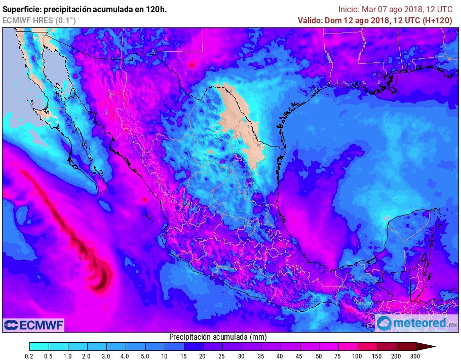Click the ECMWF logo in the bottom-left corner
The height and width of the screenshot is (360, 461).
coord(33,325)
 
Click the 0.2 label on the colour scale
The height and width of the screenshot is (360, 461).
coord(29,356)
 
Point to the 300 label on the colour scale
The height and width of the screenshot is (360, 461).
coord(415,356)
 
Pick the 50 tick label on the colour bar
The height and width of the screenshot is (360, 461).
coord(319,356)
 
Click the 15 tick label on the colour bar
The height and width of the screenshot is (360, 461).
coord(183,356)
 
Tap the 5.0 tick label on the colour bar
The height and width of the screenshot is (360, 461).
coord(145,356)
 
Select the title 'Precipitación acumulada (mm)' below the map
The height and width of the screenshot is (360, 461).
coord(218,337)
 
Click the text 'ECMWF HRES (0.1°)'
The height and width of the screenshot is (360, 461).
coord(39,20)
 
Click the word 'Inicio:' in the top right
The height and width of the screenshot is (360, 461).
coord(349,9)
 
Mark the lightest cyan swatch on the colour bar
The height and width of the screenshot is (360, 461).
coord(39,347)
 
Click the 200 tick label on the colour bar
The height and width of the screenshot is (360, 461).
coord(396,356)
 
